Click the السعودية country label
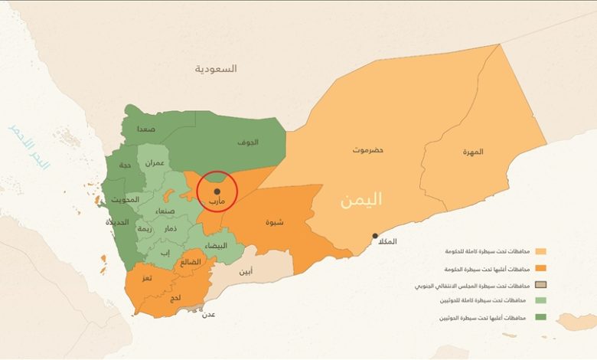tap(216, 69)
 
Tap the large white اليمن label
tap(361, 200)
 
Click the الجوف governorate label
tap(247, 142)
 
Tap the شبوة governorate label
tap(275, 223)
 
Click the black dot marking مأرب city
tap(217, 191)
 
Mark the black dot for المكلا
tap(374, 236)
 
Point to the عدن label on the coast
tap(207, 315)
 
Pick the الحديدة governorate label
tap(118, 222)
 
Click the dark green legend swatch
tap(541, 317)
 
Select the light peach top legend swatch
tap(541, 251)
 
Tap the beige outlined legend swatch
tap(541, 285)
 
